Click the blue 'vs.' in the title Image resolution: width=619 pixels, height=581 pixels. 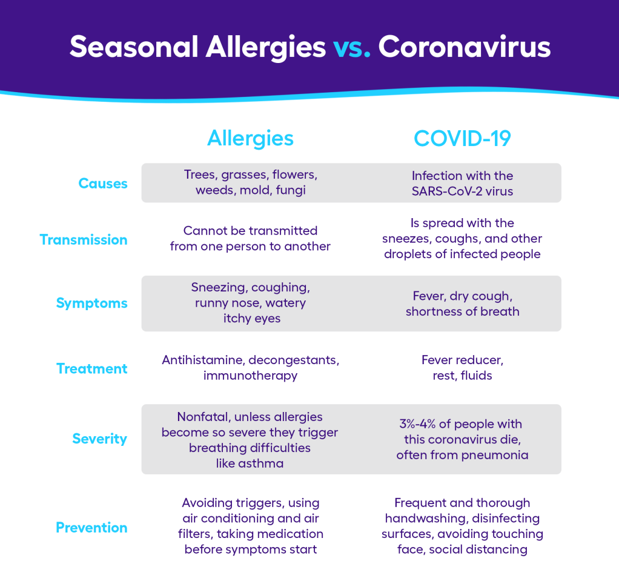(x=352, y=47)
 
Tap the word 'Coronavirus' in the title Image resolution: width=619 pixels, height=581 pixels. (x=464, y=47)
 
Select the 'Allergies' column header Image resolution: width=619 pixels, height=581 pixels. (x=250, y=138)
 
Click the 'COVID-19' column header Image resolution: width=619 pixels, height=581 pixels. (x=462, y=138)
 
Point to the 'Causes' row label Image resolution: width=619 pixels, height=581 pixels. (x=103, y=183)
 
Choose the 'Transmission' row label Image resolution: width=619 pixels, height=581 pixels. (x=84, y=240)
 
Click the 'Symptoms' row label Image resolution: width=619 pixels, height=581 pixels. (x=91, y=304)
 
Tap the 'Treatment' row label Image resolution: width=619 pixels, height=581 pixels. (x=92, y=368)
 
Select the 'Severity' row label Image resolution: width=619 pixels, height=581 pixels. (x=100, y=439)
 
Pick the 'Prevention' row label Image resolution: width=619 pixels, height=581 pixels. (x=91, y=528)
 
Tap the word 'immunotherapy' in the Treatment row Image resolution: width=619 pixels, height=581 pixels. (x=250, y=376)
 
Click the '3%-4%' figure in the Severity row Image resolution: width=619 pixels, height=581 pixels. (x=417, y=424)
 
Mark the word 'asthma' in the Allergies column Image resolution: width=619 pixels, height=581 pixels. (x=261, y=463)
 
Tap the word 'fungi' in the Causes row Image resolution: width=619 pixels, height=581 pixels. (x=291, y=190)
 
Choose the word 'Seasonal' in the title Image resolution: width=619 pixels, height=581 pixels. (x=134, y=47)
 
